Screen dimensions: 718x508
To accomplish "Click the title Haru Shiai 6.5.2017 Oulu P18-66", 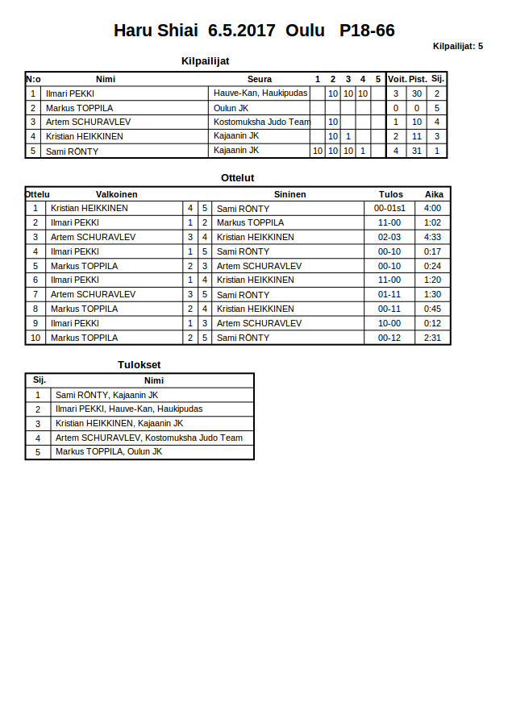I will coord(254,31).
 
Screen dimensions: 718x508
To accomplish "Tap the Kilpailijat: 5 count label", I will coord(457,46).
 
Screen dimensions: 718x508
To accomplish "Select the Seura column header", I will coord(259,79).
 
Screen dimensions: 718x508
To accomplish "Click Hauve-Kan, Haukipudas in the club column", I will coord(260,93).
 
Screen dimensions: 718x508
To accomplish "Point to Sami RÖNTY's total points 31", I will coord(417,151).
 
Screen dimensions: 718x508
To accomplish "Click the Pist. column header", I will coord(418,79).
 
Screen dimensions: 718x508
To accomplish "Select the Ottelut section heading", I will coord(238,177).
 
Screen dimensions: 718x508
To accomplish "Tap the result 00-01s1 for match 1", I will coord(389,208).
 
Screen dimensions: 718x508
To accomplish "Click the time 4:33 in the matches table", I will coord(432,237).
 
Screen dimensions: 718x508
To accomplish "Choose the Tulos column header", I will coord(391,194).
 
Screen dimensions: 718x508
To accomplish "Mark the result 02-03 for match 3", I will coord(389,237).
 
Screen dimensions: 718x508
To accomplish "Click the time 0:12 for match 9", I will coord(432,323).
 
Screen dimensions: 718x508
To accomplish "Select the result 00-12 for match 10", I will coord(389,338).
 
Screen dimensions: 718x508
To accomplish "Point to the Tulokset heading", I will coord(139,364).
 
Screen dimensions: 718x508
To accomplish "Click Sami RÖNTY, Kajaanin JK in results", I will coord(106,395).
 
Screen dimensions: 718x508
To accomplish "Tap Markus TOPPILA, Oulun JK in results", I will coord(108,451).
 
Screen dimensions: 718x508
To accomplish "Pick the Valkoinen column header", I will coord(116,194).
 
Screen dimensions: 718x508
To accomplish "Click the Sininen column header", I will coord(289,194).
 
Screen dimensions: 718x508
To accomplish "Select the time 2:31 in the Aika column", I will coord(432,338).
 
